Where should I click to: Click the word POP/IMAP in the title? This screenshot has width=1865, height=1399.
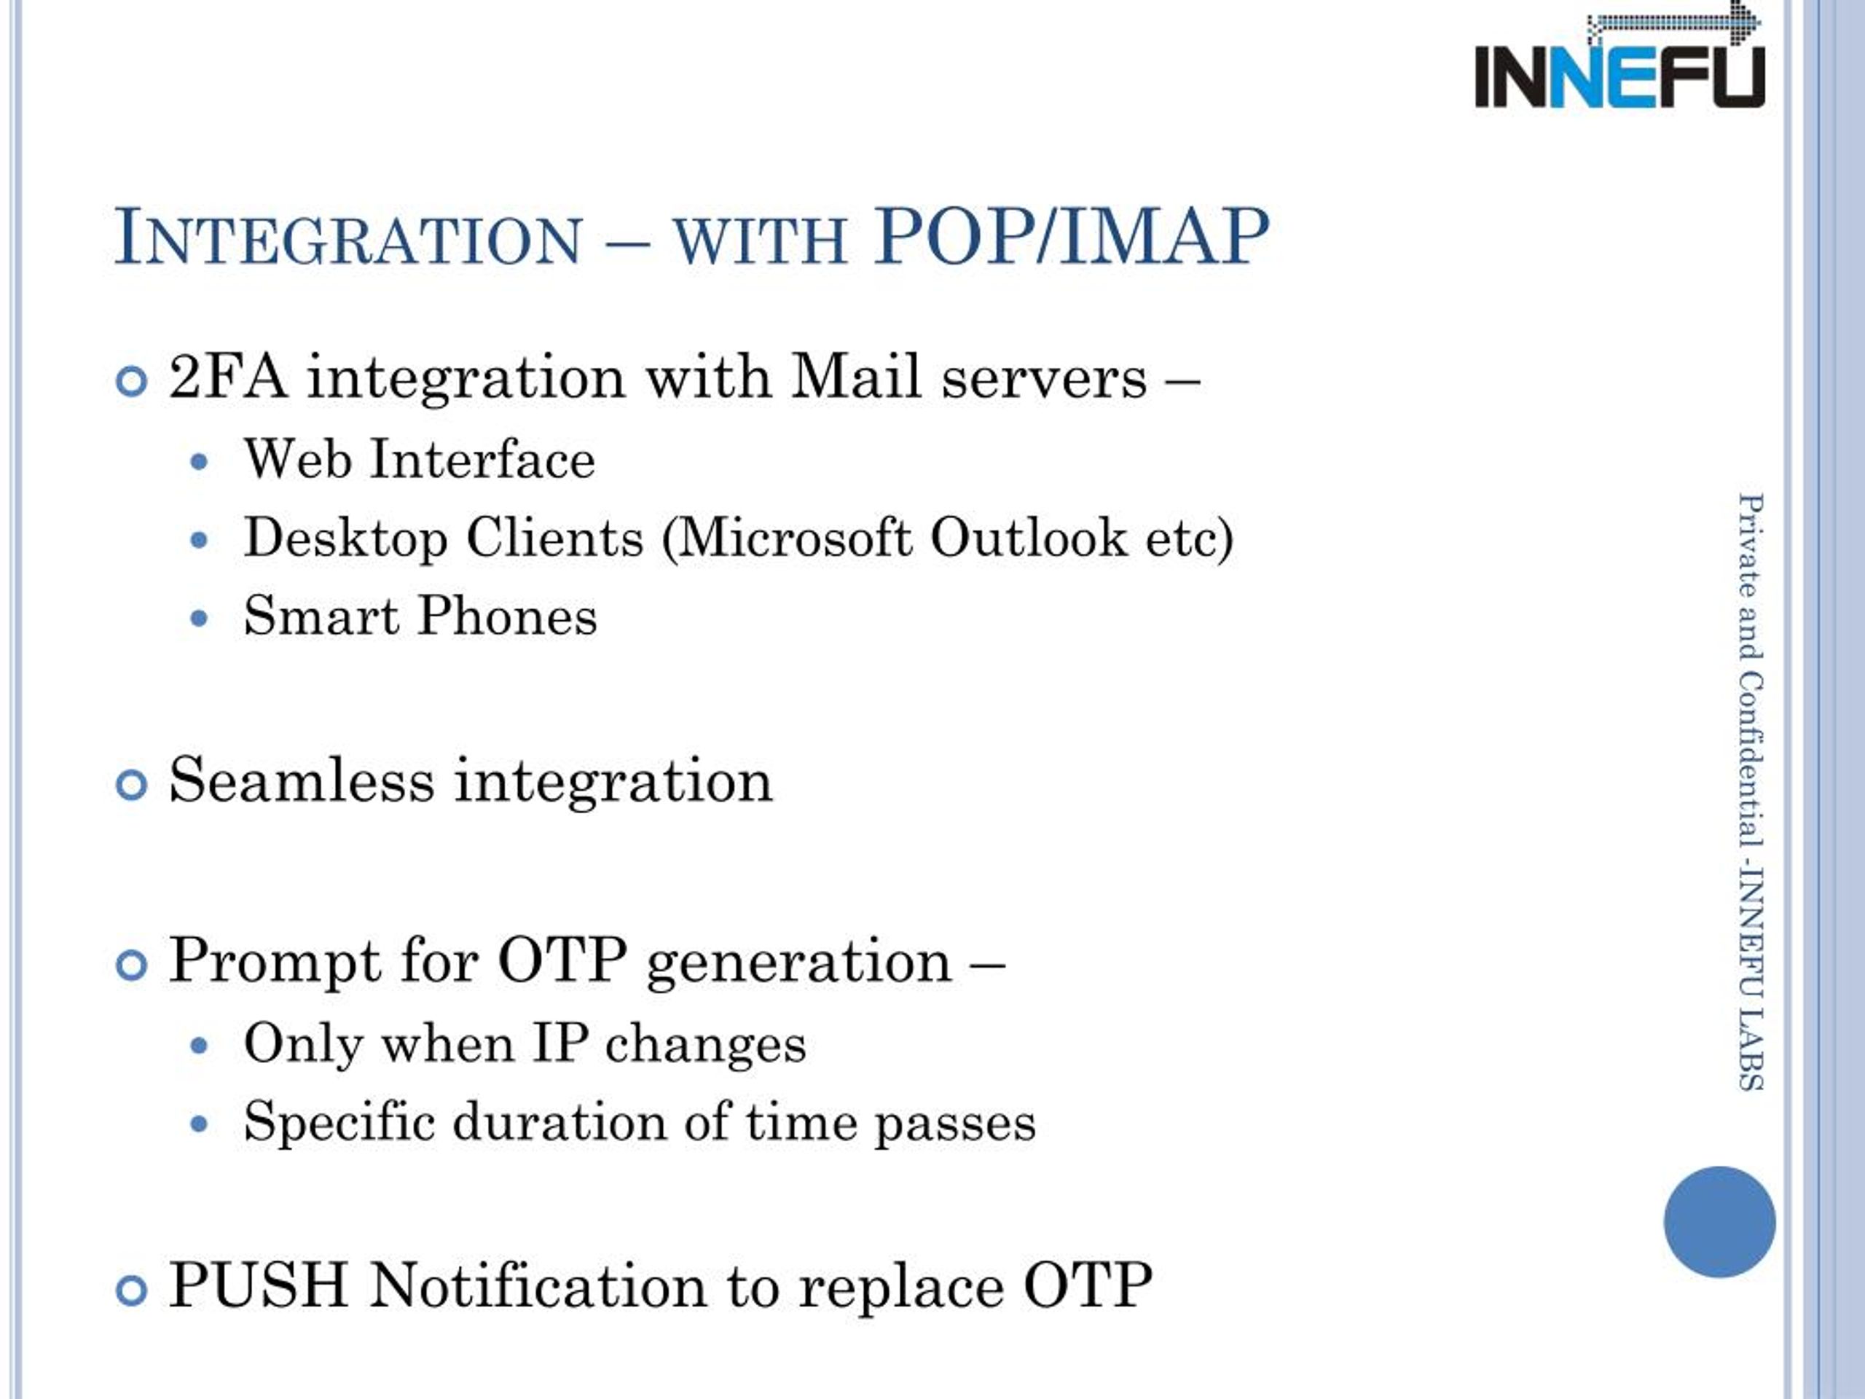coord(1071,237)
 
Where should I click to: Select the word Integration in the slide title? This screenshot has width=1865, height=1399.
coord(348,237)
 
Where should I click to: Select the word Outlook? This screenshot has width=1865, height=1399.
coord(1028,537)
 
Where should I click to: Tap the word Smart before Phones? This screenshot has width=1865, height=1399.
coord(321,616)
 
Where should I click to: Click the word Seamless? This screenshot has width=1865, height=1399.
coord(302,780)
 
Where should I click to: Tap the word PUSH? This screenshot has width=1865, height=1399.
coord(259,1285)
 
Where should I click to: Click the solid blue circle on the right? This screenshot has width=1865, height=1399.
coord(1720,1222)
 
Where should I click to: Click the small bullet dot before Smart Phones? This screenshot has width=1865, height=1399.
coord(199,619)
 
